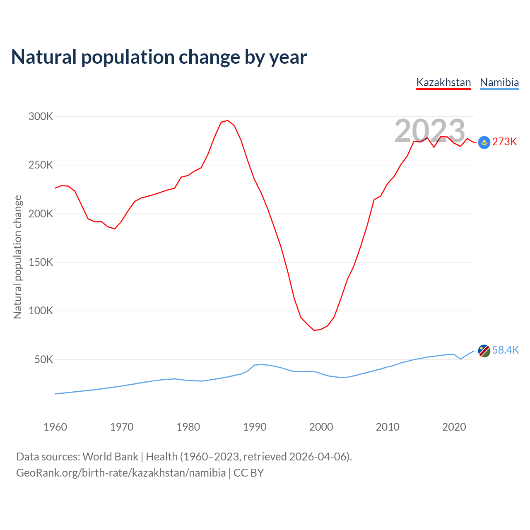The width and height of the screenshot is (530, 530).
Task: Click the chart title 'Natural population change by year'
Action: coord(159,57)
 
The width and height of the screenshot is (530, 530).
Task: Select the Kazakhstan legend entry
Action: coord(443,82)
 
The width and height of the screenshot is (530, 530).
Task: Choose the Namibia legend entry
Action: coord(499,82)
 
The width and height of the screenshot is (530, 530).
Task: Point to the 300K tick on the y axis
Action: coord(41,117)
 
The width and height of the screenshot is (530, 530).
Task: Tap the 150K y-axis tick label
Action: coord(41,263)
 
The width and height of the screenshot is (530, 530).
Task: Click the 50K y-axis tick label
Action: coord(44,359)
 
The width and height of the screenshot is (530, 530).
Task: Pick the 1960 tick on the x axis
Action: coord(55,427)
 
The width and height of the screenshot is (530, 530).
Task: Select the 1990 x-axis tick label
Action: coord(255,427)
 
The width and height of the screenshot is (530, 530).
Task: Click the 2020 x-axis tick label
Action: coord(454,427)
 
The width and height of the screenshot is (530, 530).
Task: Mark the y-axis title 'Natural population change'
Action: coord(18,257)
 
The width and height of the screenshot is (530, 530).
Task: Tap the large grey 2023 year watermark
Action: coord(430,131)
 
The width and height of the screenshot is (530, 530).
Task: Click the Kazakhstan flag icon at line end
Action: coord(484,142)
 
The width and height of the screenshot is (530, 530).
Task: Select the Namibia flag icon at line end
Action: coord(484,351)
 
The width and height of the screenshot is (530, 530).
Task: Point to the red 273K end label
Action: coord(505,142)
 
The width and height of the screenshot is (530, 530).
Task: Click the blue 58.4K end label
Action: coord(506,350)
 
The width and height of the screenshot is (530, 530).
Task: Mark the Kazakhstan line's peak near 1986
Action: coord(227,120)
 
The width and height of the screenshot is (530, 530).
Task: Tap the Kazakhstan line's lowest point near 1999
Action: coord(314,330)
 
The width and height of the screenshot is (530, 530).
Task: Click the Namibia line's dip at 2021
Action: coord(460,359)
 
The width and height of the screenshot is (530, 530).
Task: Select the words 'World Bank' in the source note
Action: coord(110,457)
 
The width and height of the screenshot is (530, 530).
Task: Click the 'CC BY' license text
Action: coord(248,473)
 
